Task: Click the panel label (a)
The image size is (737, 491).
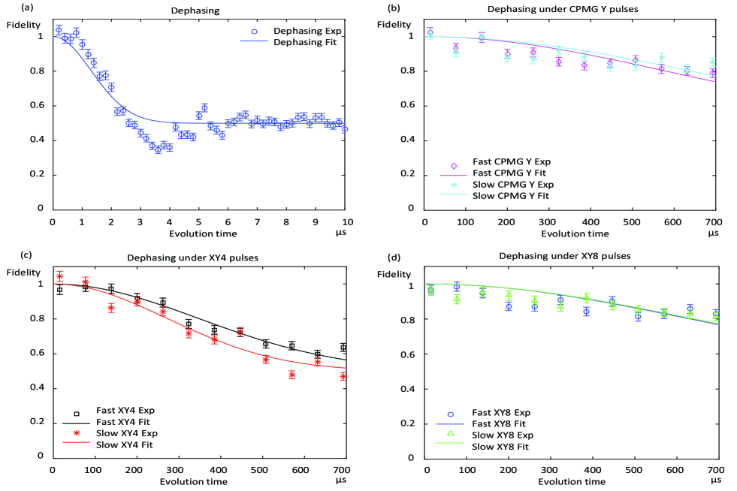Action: (9, 8)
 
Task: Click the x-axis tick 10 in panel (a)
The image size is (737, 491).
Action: (346, 221)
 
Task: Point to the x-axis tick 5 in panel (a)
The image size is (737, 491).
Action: (199, 221)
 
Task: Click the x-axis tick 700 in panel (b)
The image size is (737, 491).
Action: (713, 222)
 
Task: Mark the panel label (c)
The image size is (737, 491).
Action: (9, 256)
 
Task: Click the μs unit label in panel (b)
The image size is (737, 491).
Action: (713, 233)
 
